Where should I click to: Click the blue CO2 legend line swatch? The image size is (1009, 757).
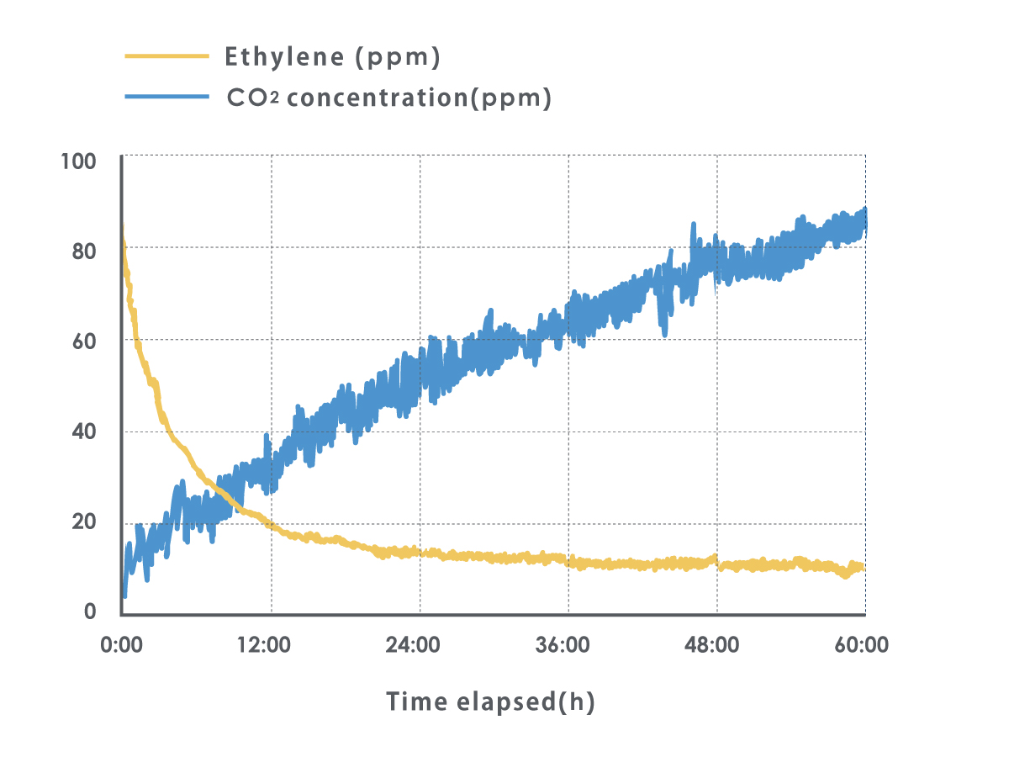click(166, 98)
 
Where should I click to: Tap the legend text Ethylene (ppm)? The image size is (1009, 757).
click(333, 57)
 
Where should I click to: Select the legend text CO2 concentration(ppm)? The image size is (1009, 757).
click(389, 98)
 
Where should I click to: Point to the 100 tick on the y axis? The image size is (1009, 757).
click(79, 161)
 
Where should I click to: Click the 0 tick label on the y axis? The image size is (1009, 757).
click(90, 611)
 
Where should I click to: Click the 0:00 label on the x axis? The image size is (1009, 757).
click(122, 646)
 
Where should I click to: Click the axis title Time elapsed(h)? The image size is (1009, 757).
click(490, 701)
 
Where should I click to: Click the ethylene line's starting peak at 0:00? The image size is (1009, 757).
click(123, 229)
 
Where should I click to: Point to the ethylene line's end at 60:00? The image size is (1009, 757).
click(863, 569)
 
